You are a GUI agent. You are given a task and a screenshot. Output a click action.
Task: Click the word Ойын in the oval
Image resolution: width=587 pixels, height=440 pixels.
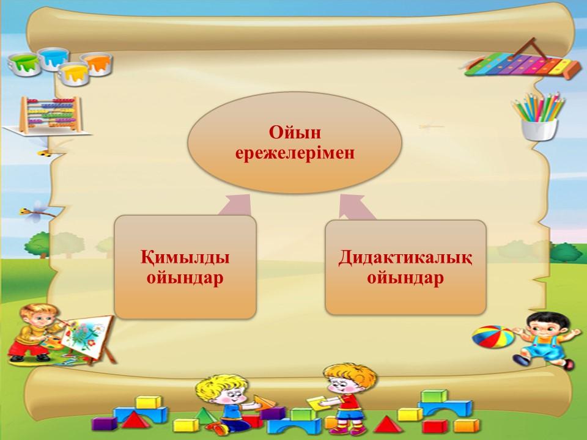[295, 133]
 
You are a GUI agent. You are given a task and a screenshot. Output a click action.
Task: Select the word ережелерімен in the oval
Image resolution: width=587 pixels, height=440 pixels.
[295, 153]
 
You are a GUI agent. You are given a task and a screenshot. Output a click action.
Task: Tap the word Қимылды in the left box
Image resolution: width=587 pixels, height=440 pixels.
[185, 258]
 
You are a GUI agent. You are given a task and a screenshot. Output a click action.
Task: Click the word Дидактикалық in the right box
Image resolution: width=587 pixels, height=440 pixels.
[405, 258]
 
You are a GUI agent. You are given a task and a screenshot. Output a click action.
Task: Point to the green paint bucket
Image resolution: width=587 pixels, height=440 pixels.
[24, 64]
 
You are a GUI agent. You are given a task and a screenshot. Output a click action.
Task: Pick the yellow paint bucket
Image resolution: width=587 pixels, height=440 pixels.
[74, 74]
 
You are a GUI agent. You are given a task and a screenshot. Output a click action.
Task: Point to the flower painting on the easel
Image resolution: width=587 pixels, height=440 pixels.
[87, 335]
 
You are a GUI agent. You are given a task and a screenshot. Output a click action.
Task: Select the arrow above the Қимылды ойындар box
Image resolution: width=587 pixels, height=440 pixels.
[235, 205]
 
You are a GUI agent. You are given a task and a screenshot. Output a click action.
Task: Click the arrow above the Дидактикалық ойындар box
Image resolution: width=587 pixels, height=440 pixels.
[356, 206]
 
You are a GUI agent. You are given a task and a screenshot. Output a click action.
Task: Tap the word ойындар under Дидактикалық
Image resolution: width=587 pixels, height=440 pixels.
[405, 278]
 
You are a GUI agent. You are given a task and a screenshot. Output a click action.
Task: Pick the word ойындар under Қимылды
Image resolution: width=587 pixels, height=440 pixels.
[185, 278]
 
